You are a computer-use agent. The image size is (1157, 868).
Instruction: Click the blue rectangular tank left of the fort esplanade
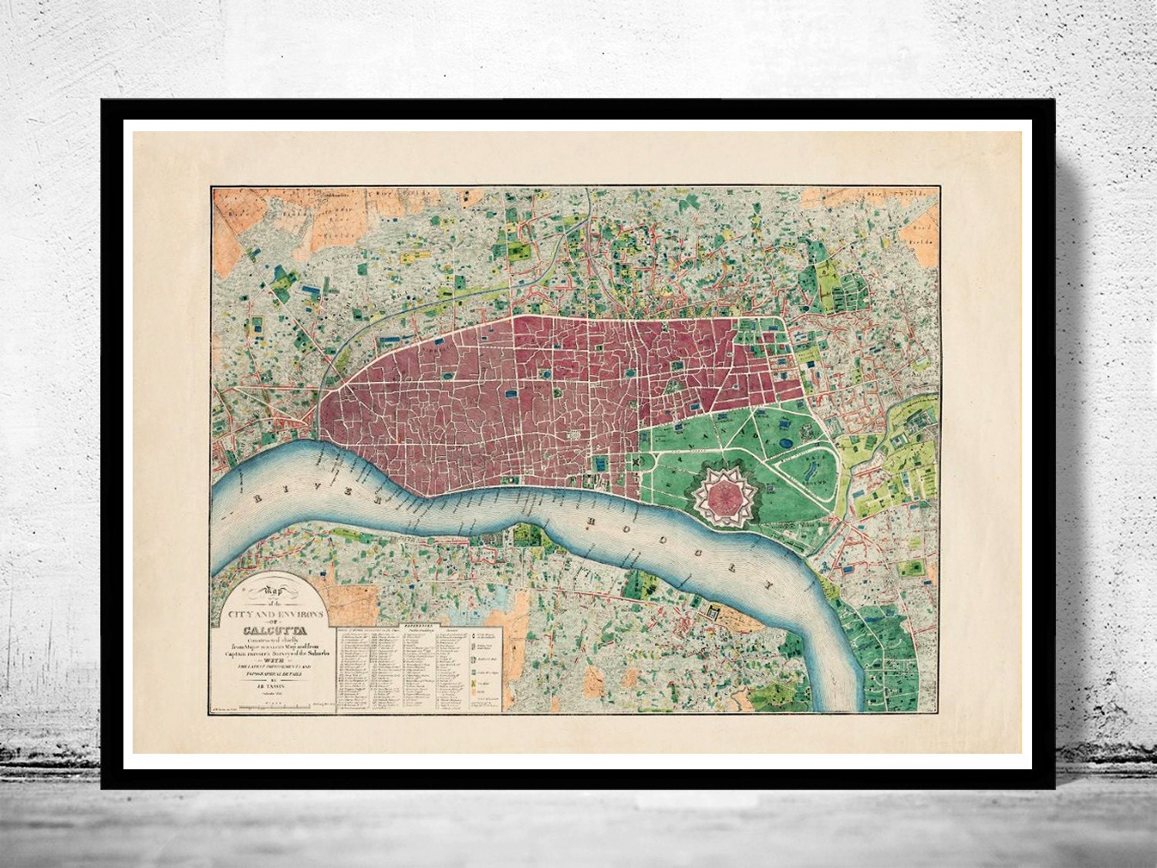click(x=599, y=463)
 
